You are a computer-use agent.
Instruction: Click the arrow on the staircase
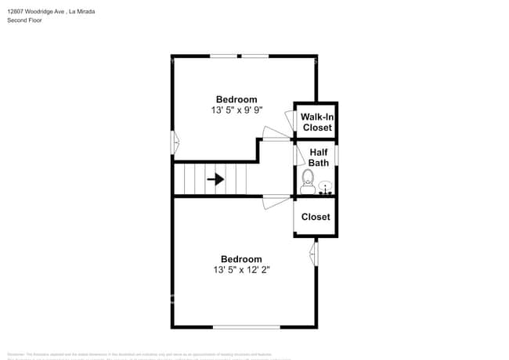point(215,179)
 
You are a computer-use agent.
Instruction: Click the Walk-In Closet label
point(316,121)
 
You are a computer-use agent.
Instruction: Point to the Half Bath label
point(318,157)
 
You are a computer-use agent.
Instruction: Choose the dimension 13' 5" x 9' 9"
point(236,111)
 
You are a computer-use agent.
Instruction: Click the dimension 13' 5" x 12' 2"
point(241,271)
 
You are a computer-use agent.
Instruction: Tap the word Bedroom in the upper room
point(236,99)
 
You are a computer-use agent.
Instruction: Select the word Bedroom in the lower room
point(241,259)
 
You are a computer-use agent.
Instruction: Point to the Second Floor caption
point(24,20)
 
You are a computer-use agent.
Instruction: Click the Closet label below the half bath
point(316,217)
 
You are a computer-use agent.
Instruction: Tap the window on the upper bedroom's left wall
point(175,142)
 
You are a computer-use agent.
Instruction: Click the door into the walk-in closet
point(297,124)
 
